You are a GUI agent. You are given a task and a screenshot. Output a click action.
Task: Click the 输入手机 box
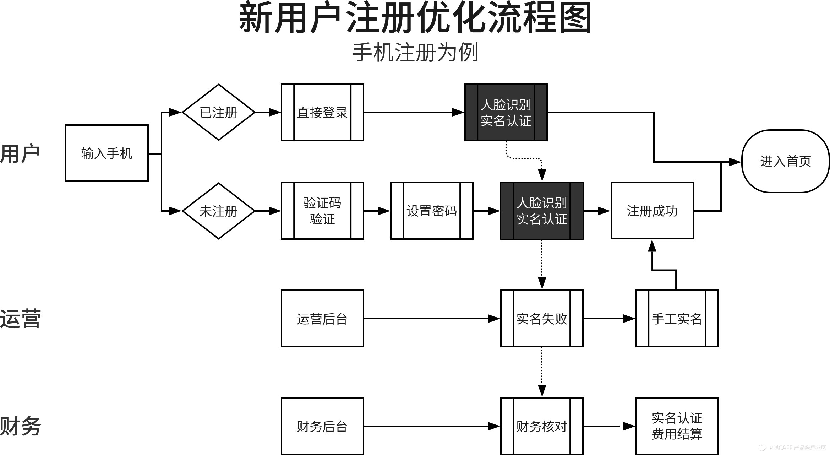pos(107,153)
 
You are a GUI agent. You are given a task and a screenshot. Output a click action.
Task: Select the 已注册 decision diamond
pos(218,112)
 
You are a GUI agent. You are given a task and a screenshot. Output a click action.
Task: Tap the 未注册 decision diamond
pos(218,211)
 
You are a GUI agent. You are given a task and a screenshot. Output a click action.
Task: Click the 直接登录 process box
pos(322,112)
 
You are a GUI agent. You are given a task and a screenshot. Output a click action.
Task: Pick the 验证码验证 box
pos(322,211)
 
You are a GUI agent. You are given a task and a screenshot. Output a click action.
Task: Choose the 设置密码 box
pos(431,211)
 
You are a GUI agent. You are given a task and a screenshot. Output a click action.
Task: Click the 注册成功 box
pos(652,211)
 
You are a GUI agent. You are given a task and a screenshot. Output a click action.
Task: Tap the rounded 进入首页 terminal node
pos(785,161)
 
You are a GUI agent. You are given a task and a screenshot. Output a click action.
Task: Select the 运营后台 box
pos(322,319)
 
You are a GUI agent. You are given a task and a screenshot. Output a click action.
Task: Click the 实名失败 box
pos(541,319)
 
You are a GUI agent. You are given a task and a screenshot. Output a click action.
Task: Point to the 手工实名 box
pos(677,319)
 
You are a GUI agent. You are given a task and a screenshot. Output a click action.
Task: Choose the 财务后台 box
pos(322,426)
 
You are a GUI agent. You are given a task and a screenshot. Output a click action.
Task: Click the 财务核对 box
pos(541,426)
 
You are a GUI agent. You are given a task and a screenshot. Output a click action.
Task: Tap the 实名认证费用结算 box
pos(677,426)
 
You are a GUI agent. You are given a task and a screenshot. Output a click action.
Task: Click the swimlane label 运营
pos(21,319)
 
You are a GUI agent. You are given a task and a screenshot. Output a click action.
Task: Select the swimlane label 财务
pos(21,426)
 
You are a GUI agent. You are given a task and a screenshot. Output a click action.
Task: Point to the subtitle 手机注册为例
pos(415,53)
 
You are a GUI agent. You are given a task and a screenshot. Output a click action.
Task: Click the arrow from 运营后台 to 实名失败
pos(431,319)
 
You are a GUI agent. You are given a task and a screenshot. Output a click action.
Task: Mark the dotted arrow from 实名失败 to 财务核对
pos(542,371)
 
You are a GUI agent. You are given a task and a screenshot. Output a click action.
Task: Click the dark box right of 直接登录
pos(506,112)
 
